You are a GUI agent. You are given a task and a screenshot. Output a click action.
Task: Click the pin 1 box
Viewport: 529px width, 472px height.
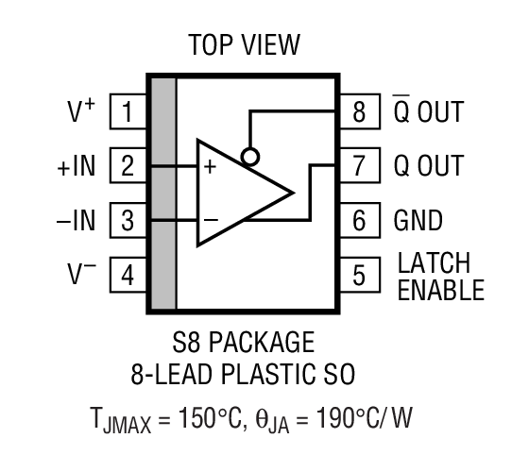click(x=128, y=113)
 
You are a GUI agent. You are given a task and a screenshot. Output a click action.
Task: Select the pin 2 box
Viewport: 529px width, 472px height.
click(x=128, y=168)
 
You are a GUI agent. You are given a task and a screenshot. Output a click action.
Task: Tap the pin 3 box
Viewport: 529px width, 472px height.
click(x=128, y=222)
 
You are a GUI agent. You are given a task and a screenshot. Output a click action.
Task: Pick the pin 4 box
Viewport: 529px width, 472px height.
click(x=128, y=277)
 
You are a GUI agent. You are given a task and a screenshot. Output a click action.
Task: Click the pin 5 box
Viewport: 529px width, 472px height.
click(x=359, y=277)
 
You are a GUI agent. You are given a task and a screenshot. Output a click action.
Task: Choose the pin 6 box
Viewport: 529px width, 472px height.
click(x=359, y=222)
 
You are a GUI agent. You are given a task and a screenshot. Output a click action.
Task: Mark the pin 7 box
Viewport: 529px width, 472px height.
click(x=359, y=168)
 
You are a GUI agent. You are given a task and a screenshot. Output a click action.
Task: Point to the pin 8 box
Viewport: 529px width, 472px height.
click(x=359, y=113)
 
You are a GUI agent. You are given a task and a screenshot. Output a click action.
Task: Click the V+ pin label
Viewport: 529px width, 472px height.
click(x=80, y=112)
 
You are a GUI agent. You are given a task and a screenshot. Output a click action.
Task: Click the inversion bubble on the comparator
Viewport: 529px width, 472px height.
click(x=249, y=155)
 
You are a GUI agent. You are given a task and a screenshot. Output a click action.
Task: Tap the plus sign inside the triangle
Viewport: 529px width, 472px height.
click(x=210, y=166)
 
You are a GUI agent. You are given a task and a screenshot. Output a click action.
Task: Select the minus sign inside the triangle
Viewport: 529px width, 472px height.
click(x=210, y=220)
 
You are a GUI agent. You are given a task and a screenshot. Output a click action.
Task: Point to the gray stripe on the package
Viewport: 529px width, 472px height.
click(x=163, y=194)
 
